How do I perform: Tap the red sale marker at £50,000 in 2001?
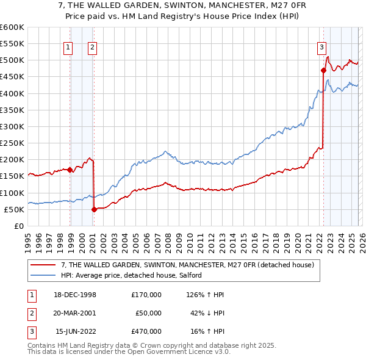point(94,209)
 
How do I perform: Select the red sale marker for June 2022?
point(323,70)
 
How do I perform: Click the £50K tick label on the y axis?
point(14,209)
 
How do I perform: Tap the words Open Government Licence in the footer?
point(173,352)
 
